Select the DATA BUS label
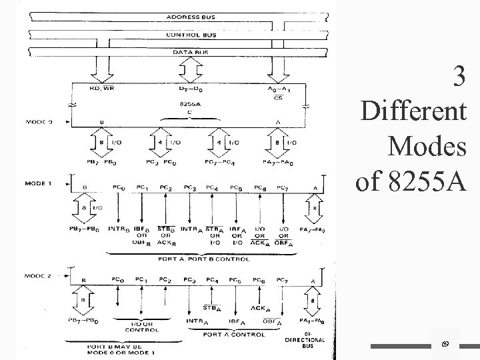[190, 51]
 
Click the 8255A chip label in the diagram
[191, 104]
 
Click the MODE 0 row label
[38, 121]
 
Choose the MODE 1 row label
[38, 181]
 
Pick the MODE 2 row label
[38, 274]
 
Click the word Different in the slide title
[413, 111]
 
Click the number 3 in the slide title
[458, 78]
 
